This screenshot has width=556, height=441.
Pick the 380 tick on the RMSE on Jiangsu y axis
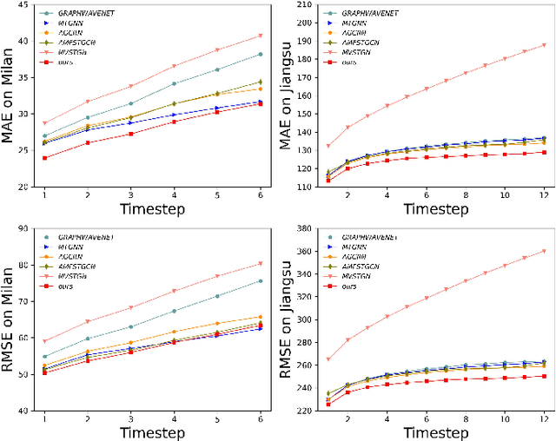click(x=304, y=229)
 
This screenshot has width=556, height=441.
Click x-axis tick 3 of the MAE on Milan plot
click(x=130, y=196)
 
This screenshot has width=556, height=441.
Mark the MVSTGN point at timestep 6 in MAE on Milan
click(x=261, y=36)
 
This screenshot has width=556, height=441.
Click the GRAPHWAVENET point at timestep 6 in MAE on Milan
click(x=261, y=54)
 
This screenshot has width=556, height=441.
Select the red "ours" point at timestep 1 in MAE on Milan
click(x=45, y=134)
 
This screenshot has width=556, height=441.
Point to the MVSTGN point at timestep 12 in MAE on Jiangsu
click(x=545, y=45)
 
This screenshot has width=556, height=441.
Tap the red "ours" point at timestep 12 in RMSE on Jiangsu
click(x=545, y=376)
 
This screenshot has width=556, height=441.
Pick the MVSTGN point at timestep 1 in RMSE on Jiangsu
click(x=328, y=359)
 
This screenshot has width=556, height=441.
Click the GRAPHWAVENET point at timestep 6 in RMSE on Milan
click(x=261, y=280)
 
